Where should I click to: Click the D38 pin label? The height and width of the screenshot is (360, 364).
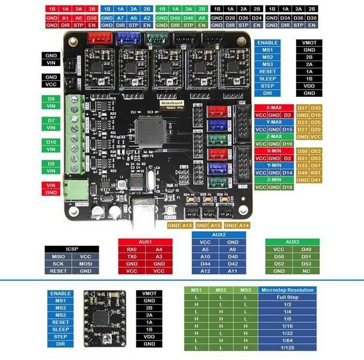(92, 18)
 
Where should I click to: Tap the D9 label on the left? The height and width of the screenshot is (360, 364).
(51, 99)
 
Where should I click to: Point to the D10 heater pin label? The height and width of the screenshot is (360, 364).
(51, 142)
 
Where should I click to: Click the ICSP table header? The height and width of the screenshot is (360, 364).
(72, 249)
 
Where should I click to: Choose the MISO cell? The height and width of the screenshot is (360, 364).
(58, 257)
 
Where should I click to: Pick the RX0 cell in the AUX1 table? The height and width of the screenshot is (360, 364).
(132, 249)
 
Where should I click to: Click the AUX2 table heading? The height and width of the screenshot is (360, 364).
(219, 235)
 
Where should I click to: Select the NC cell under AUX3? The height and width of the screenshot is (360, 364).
(306, 271)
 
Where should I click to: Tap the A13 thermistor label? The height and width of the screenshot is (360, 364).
(188, 225)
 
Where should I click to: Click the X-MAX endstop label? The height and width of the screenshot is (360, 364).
(274, 107)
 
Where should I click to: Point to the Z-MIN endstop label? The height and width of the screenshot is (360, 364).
(274, 180)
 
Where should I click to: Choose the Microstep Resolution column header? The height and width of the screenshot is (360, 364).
(287, 290)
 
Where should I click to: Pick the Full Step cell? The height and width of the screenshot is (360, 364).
(287, 297)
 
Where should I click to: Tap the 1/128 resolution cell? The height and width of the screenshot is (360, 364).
(287, 347)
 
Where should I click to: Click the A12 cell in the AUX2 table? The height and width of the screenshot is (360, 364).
(205, 271)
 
